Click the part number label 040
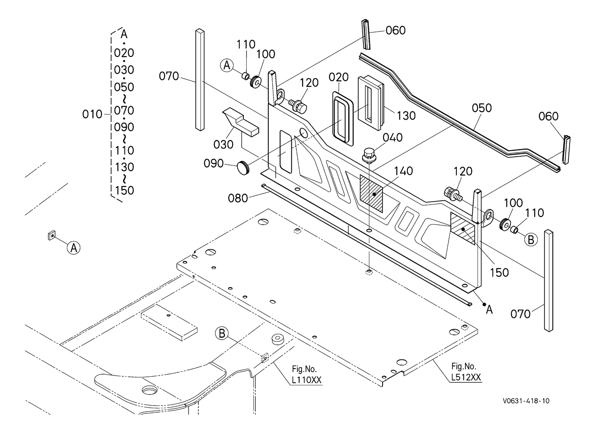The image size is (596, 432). pos(392,138)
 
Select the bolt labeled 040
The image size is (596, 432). pos(369,155)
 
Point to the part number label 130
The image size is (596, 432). pos(406,116)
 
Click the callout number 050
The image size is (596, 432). pos(481,108)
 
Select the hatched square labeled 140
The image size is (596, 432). pos(371,194)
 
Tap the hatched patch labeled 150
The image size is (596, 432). pos(462,228)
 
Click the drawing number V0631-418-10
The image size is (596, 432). pos(526,401)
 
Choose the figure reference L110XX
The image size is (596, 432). pos(306,380)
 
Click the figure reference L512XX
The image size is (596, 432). pos(466,378)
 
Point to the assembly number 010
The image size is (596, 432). pos(92,114)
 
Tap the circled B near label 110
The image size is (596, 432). pos(531,240)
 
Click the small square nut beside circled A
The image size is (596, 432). pos(52,235)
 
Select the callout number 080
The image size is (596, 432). pos(238,199)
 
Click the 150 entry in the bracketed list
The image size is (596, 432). pos(124,190)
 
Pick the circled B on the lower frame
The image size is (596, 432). pos(222,334)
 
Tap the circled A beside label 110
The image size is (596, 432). pos(227,65)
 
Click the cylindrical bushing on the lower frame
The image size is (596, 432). pos(278,339)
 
